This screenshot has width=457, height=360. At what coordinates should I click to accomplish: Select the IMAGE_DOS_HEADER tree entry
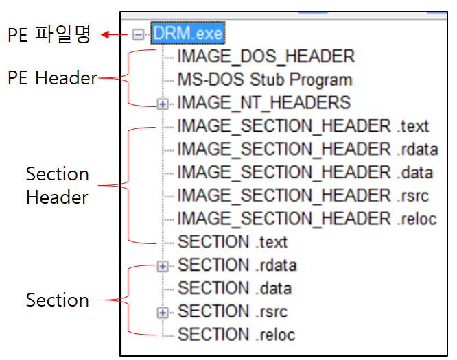pyautogui.click(x=266, y=56)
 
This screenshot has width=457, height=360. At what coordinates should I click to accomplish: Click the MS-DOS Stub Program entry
pyautogui.click(x=264, y=80)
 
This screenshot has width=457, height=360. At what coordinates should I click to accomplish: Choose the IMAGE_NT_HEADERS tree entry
pyautogui.click(x=263, y=103)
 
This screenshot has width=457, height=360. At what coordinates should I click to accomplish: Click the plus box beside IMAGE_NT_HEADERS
pyautogui.click(x=163, y=104)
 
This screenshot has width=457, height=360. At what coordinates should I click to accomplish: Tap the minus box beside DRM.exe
pyautogui.click(x=139, y=34)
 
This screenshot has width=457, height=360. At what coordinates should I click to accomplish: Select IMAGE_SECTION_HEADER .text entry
pyautogui.click(x=303, y=126)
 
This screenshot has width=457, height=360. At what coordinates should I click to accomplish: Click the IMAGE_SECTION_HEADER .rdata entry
pyautogui.click(x=307, y=149)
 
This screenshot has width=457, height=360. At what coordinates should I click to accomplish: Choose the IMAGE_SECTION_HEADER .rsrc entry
pyautogui.click(x=303, y=196)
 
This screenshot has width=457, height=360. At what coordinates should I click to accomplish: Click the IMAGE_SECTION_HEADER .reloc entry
pyautogui.click(x=307, y=219)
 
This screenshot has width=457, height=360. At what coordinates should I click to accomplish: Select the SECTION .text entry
pyautogui.click(x=233, y=242)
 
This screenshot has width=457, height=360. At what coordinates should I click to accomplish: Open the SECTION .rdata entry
pyautogui.click(x=237, y=265)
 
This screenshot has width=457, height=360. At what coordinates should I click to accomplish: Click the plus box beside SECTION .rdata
pyautogui.click(x=163, y=265)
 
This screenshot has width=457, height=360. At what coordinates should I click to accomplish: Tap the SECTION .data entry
pyautogui.click(x=235, y=289)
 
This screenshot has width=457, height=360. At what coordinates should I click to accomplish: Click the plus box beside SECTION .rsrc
pyautogui.click(x=163, y=312)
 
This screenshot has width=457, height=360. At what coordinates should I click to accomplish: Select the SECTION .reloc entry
pyautogui.click(x=236, y=335)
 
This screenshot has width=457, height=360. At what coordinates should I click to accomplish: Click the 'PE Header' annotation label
pyautogui.click(x=52, y=78)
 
